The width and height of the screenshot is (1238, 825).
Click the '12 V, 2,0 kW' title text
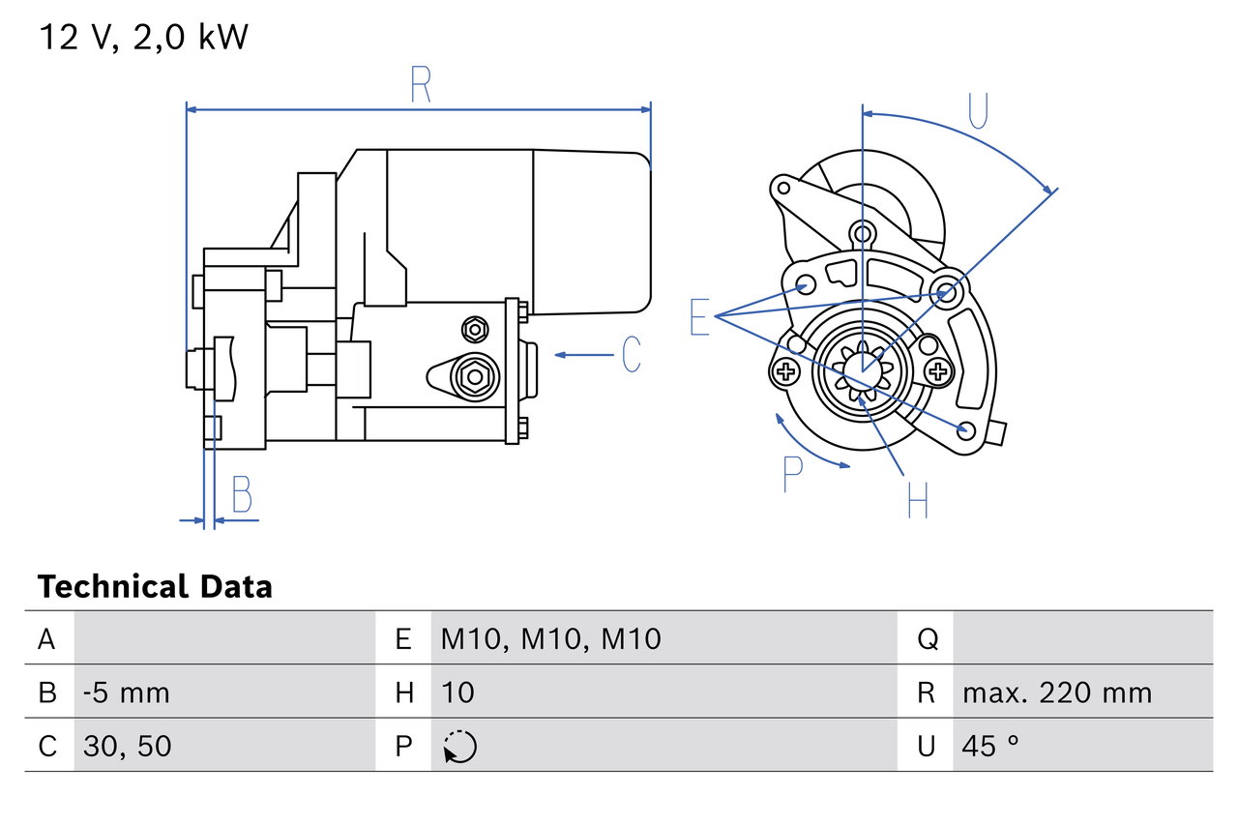coord(143,37)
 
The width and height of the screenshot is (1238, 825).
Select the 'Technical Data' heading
coord(155,586)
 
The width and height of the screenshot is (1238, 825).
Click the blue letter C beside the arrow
coord(631,355)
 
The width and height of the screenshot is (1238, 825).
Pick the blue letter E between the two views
coord(700,317)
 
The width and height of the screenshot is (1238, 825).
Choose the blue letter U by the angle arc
coord(978,111)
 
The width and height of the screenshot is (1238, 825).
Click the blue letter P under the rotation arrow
coord(792,473)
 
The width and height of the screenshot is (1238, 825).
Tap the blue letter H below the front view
coord(917,499)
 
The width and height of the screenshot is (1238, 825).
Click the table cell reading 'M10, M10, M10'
coord(551,638)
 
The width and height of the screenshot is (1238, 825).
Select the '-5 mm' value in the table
coord(127,692)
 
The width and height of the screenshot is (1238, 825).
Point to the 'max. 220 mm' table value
coord(1057,692)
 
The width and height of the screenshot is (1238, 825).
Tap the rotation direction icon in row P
coord(460,747)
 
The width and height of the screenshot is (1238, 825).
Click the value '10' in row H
coord(458,692)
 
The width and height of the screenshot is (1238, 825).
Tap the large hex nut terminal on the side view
coord(474,375)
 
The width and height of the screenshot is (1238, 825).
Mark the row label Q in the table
coord(927,638)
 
